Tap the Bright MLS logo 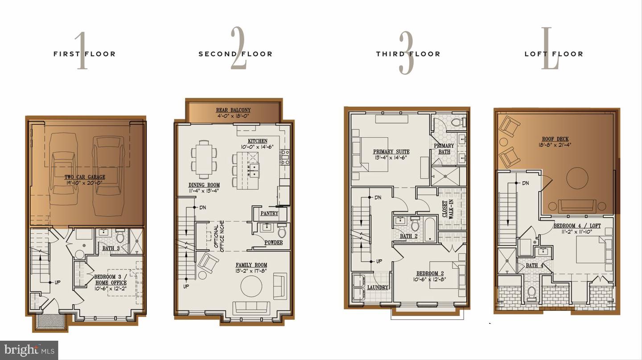(29, 350)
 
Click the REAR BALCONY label (233, 112)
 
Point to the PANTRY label (269, 213)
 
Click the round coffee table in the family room (251, 286)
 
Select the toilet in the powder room (282, 232)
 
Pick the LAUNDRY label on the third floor (377, 287)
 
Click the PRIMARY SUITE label (391, 154)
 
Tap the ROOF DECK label (555, 141)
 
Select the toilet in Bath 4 (531, 293)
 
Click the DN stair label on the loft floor (525, 183)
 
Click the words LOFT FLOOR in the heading (554, 54)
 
